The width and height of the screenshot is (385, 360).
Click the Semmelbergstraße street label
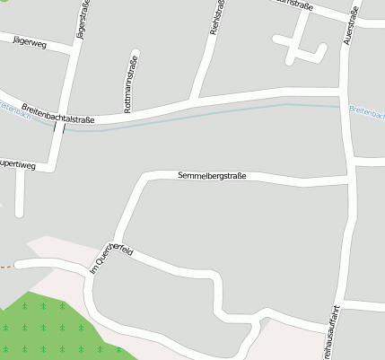[212, 176]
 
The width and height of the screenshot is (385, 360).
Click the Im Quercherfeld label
[112, 257]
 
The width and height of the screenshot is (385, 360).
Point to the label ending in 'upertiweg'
[18, 164]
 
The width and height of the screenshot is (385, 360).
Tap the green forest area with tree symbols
[45, 328]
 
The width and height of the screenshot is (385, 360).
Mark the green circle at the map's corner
[3, 3]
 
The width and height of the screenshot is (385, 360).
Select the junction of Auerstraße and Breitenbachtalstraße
[346, 91]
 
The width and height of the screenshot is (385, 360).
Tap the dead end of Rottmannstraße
[136, 52]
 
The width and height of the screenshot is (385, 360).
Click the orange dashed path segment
[6, 267]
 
